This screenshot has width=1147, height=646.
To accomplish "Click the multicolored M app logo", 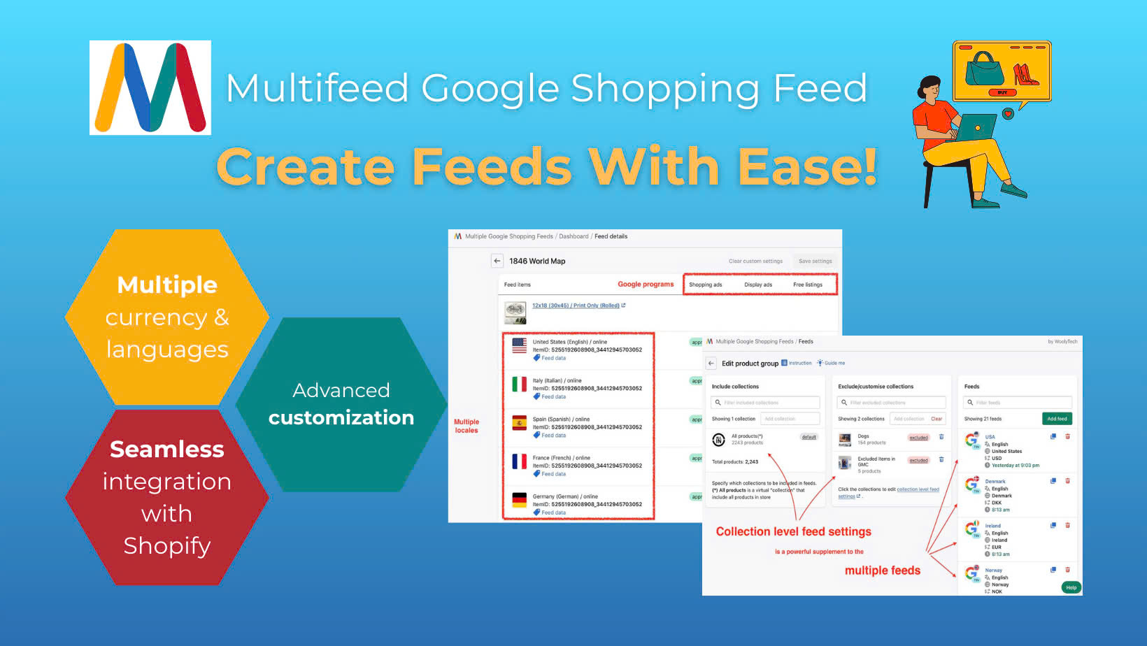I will [x=150, y=87].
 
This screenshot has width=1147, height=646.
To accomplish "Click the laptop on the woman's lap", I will [x=976, y=129].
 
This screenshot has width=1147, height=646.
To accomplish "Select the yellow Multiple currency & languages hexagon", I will [x=167, y=317].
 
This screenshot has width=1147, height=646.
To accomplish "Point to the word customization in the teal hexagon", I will [x=341, y=417].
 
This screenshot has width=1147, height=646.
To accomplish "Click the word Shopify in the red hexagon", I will [x=167, y=545].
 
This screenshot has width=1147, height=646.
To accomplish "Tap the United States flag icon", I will [x=519, y=345].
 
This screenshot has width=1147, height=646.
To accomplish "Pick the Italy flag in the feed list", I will [x=519, y=384].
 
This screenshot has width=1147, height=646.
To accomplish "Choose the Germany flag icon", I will [x=519, y=500].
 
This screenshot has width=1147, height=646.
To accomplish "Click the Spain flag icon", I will [x=519, y=422].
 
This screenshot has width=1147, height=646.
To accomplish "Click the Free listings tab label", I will [x=807, y=285].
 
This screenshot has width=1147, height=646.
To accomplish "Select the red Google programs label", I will [x=646, y=284].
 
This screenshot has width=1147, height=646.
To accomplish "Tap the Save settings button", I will [x=815, y=261].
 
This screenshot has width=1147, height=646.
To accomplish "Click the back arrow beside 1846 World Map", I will [x=497, y=261].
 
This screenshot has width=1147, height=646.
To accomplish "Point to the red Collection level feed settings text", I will [x=793, y=531].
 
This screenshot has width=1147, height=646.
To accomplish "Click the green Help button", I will [x=1071, y=587].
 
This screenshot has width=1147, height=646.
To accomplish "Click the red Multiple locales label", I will [x=466, y=426].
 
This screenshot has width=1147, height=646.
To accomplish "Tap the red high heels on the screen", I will [x=1025, y=73].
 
